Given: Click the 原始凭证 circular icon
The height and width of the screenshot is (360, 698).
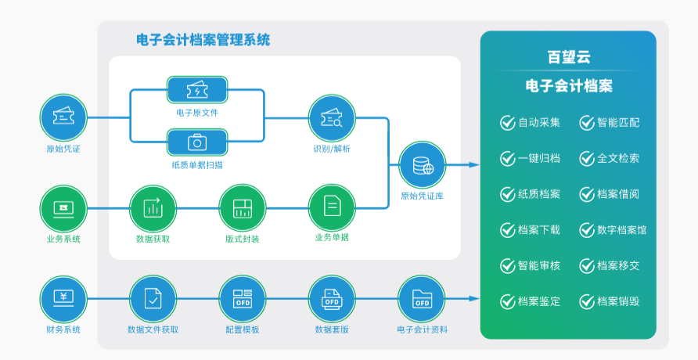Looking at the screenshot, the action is (63, 117).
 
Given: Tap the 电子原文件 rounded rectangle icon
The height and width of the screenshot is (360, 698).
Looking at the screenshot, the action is (197, 90).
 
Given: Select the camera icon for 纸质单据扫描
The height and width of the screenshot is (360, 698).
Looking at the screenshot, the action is (197, 142).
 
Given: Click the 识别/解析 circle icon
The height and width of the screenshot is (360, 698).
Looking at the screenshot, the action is (332, 118).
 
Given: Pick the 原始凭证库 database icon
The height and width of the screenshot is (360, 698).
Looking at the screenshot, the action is (422, 165).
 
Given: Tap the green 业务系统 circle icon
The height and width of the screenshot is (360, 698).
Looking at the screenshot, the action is (63, 208).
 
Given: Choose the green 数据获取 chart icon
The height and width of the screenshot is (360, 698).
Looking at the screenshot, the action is (153, 208).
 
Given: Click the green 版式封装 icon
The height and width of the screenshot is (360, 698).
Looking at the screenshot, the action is (242, 208).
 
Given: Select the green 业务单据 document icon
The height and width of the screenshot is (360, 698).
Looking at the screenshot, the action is (332, 208).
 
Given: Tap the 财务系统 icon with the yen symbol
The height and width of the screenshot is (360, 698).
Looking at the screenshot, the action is (63, 299).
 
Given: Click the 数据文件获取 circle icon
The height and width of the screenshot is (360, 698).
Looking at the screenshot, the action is (153, 299).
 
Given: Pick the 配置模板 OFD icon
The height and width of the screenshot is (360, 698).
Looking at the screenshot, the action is (242, 299).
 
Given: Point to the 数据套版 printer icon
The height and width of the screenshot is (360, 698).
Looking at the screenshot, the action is (332, 299).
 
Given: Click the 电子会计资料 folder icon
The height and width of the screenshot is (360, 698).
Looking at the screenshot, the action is (422, 299).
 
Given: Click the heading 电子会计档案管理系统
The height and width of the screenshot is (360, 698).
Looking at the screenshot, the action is (203, 40).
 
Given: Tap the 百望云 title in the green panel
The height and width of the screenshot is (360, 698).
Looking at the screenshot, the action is (568, 57).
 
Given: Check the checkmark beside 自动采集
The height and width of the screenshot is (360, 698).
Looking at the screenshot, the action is (508, 122).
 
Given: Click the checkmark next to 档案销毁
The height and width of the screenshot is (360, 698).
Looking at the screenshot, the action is (587, 302).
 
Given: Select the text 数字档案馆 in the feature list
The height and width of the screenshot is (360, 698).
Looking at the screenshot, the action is (621, 230).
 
